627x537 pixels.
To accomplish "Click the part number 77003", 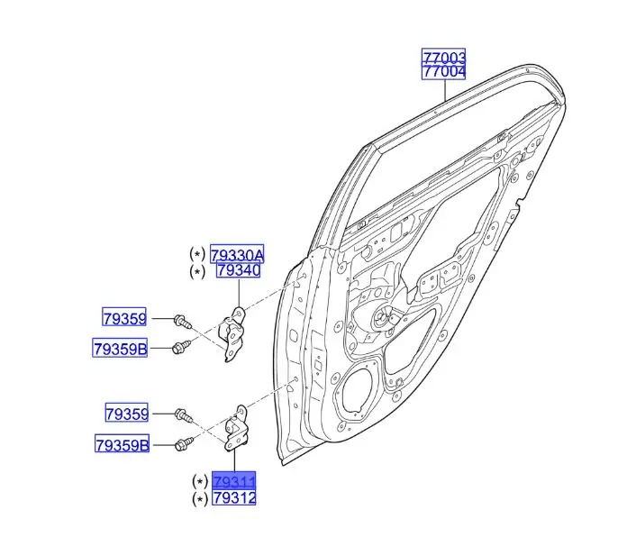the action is click(x=444, y=57).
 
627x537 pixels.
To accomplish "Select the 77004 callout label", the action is click(x=444, y=72).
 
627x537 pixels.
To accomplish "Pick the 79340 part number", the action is click(x=239, y=270).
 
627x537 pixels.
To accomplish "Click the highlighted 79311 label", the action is click(x=234, y=480).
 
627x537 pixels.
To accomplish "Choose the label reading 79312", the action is click(x=234, y=497).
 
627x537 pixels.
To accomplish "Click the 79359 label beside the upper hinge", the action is click(x=124, y=318).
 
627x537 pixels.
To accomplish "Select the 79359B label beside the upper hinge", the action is click(x=120, y=349).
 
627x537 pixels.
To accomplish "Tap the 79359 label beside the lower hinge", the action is click(x=126, y=413).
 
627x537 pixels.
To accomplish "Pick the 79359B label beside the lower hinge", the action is click(x=122, y=444).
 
